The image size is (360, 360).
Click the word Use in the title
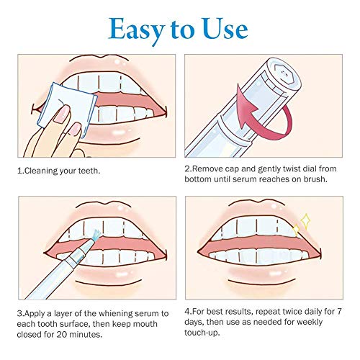click(225, 29)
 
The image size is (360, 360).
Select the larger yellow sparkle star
click(305, 221)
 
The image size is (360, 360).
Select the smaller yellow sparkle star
click(297, 230)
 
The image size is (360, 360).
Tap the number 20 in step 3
click(60, 334)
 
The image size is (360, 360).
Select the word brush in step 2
click(315, 179)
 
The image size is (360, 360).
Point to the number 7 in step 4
click(339, 312)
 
